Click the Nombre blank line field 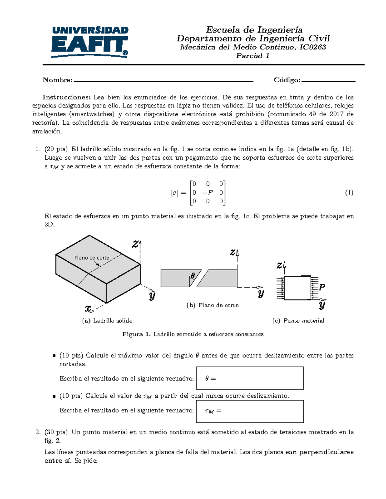pos(163,81)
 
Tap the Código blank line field pos(328,81)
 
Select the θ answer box pos(250,378)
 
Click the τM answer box pos(250,411)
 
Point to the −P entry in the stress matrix pos(208,193)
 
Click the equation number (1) pos(349,193)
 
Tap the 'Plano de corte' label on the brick pos(92,258)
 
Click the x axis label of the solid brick pos(88,309)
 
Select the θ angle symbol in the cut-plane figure pos(193,276)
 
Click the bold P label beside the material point pos(322,287)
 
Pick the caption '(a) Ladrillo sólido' pos(107,321)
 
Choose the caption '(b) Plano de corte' pos(212,305)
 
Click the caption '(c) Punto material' pos(298,321)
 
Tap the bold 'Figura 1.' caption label pos(136,334)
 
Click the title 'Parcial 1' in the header pos(253,56)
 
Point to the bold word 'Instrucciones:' pos(67,97)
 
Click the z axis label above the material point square pos(279,265)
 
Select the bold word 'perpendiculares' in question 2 pos(326,452)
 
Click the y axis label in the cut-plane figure pos(261,293)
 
